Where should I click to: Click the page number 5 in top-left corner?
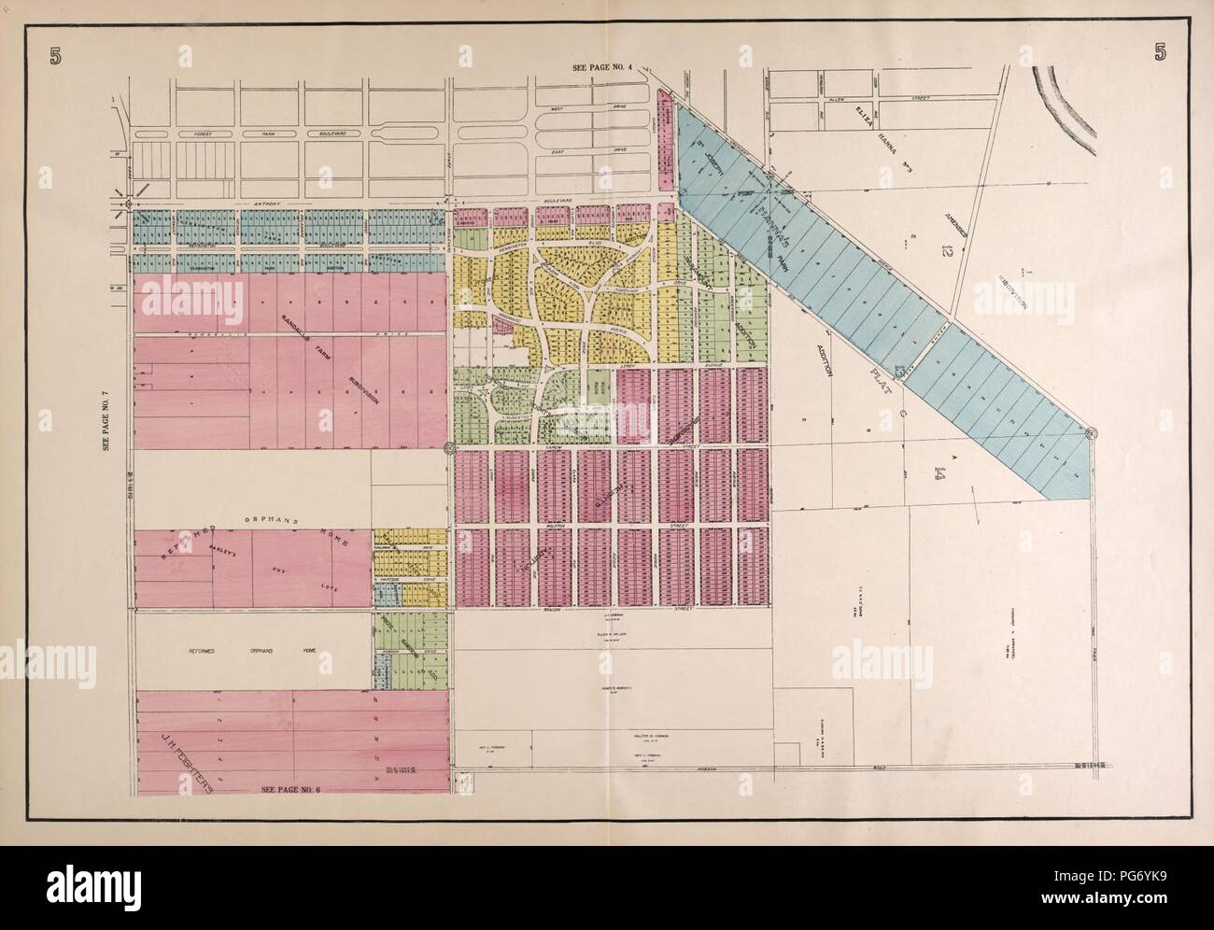click(58, 52)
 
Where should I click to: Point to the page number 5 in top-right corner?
click(1158, 52)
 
